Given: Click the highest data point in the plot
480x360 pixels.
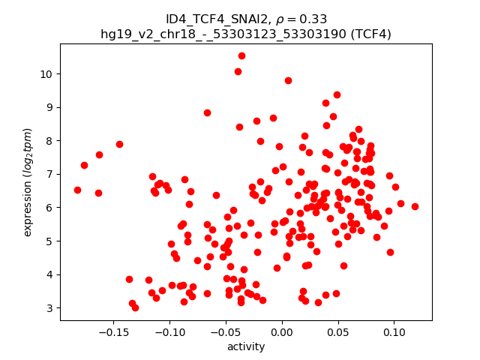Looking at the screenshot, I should coord(241,55).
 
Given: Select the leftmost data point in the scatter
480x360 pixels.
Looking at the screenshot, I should coord(77,190).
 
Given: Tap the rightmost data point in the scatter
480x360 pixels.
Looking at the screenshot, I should coord(415,206).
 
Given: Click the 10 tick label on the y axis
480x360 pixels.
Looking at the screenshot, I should coord(46,73).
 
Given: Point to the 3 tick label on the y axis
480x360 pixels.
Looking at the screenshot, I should coord(49,307).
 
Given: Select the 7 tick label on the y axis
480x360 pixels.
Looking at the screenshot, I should coord(49,174).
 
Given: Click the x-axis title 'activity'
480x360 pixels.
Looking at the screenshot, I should coord(246,346).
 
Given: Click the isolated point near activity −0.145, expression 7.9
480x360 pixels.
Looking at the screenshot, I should coord(119,144).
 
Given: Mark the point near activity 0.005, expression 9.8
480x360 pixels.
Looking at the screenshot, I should coord(288,80).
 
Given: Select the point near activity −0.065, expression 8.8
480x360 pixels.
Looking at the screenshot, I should coord(207,112).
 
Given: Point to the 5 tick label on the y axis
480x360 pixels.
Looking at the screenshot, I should coord(49,241).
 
